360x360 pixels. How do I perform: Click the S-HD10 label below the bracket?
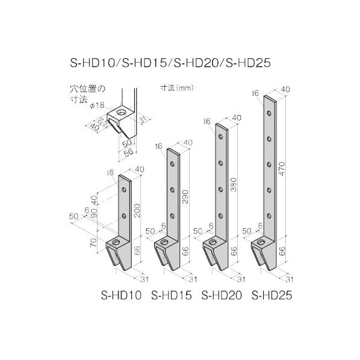point(122,296)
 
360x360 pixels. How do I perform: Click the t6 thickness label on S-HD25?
point(256,93)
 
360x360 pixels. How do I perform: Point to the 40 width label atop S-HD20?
point(237,117)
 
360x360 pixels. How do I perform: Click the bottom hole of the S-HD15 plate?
point(172,215)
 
